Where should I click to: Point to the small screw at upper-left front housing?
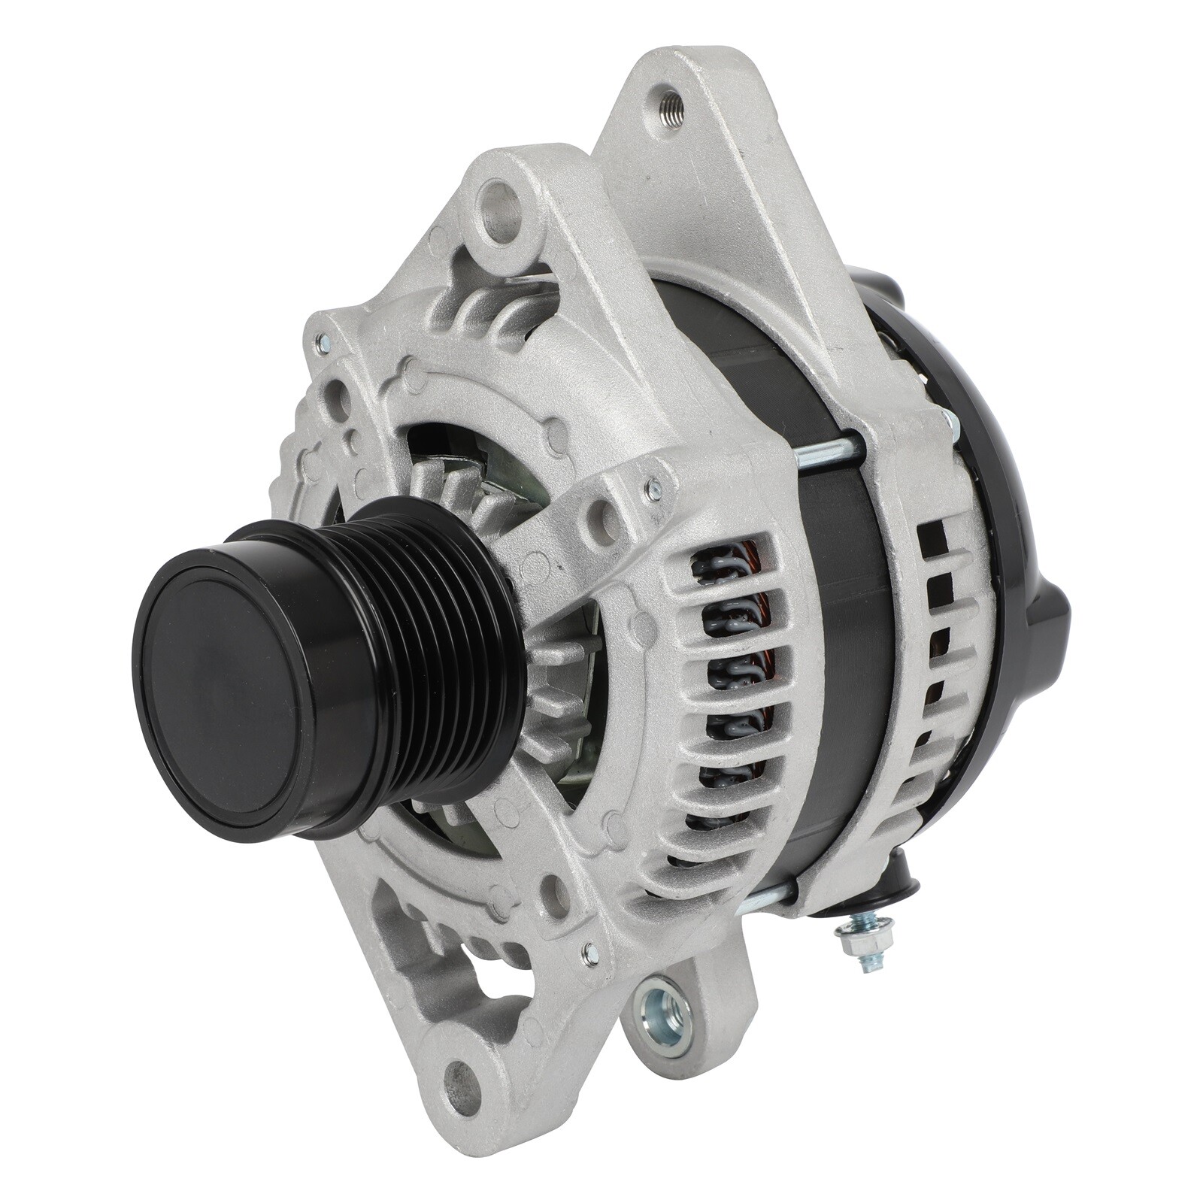click(x=323, y=344)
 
